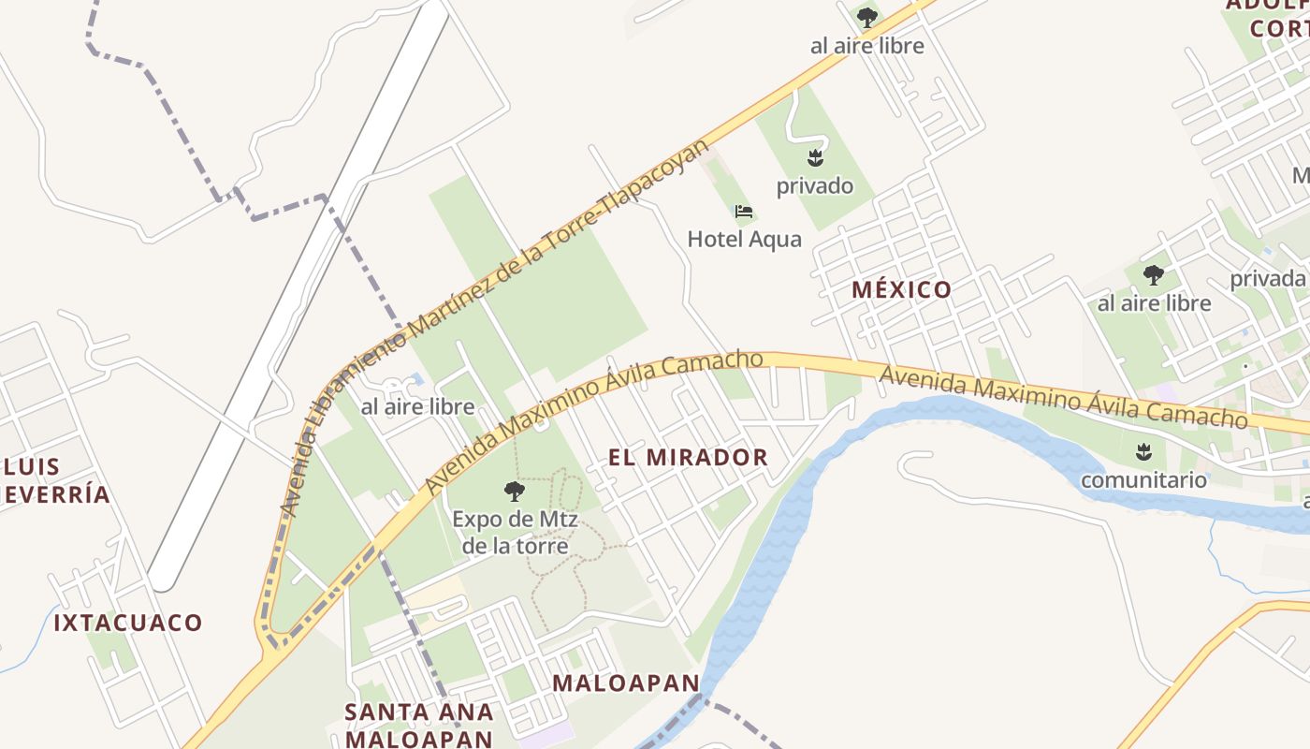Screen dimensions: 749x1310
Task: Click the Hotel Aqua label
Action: pyautogui.click(x=744, y=239)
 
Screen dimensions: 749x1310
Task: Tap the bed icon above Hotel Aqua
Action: pyautogui.click(x=744, y=212)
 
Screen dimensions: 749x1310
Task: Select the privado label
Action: pyautogui.click(x=815, y=185)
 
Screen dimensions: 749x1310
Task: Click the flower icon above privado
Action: pyautogui.click(x=815, y=157)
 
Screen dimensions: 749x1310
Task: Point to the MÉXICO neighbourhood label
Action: pyautogui.click(x=901, y=289)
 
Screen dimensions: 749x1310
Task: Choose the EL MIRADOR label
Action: pyautogui.click(x=688, y=457)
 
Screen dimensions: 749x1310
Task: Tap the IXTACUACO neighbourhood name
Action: pyautogui.click(x=127, y=623)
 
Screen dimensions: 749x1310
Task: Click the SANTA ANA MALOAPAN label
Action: pyautogui.click(x=418, y=725)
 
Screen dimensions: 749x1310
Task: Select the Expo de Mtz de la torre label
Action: pyautogui.click(x=514, y=532)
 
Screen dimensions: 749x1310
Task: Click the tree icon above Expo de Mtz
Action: pyautogui.click(x=514, y=491)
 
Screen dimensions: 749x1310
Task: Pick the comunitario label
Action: pyautogui.click(x=1143, y=480)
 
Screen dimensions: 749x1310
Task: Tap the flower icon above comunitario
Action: pyautogui.click(x=1143, y=453)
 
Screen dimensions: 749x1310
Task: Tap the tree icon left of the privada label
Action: pyautogui.click(x=1153, y=275)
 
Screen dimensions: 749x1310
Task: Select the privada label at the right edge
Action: pyautogui.click(x=1268, y=278)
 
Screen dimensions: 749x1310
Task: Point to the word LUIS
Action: pyautogui.click(x=32, y=466)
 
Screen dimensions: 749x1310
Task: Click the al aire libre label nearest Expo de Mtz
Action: pyautogui.click(x=417, y=407)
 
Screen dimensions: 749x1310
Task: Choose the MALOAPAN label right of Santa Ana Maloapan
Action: pyautogui.click(x=625, y=683)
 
